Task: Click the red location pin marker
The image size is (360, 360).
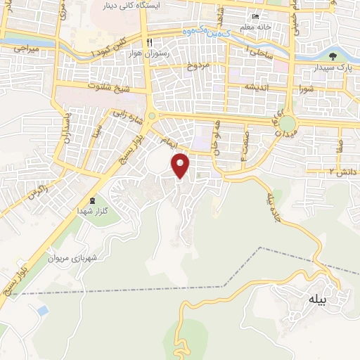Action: click(x=181, y=165)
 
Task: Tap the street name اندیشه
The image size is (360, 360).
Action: click(x=258, y=86)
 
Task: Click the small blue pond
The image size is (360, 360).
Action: click(x=43, y=310)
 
